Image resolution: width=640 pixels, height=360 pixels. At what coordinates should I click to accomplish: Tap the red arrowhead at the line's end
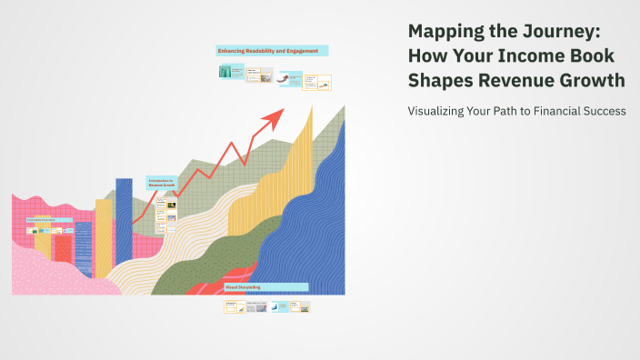point(275,116)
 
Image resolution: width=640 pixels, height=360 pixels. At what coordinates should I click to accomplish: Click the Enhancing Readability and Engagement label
point(271,51)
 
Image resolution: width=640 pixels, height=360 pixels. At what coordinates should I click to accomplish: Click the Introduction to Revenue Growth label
point(160,183)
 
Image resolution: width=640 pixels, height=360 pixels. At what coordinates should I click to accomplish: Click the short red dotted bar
point(63,247)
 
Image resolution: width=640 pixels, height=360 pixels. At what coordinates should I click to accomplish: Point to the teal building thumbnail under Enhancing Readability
point(225,72)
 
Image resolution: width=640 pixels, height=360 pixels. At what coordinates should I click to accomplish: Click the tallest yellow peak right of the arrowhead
point(312,118)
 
